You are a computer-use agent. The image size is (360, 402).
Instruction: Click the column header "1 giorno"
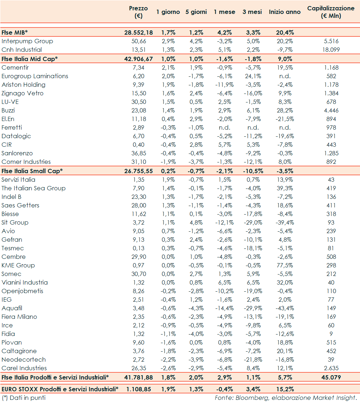point(168,12)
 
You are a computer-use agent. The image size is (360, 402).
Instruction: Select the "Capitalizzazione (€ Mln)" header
point(331,12)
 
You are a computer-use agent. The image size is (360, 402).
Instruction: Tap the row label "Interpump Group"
point(27,41)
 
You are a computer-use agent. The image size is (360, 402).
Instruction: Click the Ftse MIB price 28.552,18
point(139,32)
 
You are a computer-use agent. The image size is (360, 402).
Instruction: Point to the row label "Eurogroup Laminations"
point(35,76)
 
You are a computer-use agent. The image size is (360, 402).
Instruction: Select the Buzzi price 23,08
point(139,110)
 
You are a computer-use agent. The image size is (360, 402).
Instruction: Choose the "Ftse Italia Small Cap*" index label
point(32,171)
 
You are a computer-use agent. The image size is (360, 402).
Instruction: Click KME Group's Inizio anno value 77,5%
point(284,265)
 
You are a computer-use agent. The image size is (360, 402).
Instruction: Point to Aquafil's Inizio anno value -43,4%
point(284,308)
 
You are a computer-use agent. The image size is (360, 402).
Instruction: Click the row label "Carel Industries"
point(24,368)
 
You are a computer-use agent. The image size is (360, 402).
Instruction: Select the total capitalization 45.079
point(331,377)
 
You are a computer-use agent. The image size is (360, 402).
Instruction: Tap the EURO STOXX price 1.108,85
point(140,389)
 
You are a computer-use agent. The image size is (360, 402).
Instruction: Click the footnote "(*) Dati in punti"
point(24,397)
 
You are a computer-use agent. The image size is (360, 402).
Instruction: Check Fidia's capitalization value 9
point(331,334)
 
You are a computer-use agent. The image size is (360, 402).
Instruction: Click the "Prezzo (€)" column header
point(139,12)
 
